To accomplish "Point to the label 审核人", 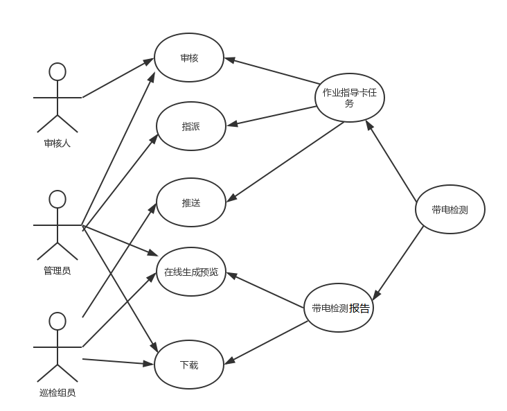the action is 57,143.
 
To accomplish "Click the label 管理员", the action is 57,270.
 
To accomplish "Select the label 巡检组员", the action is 57,392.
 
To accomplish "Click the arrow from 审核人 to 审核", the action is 118,78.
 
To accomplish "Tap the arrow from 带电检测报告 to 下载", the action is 266,343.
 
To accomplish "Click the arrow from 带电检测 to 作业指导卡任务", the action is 391,161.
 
